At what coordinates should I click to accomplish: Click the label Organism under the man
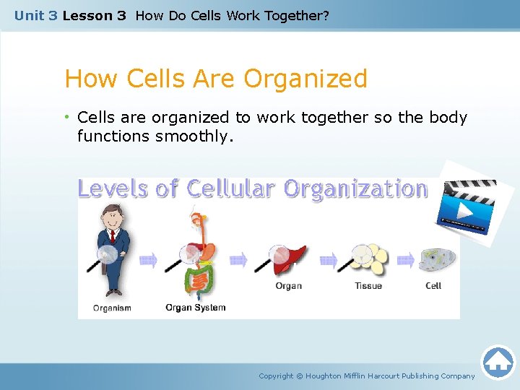pos(112,308)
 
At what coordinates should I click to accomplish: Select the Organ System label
pos(195,308)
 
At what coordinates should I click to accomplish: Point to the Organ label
pos(288,286)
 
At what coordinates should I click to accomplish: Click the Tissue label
pos(368,286)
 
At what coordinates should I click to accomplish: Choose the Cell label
pos(433,286)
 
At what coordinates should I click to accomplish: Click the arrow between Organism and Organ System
pos(149,261)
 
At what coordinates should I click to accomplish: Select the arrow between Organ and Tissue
pos(328,261)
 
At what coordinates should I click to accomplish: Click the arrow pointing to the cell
pos(406,261)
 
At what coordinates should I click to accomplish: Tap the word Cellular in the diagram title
pos(230,189)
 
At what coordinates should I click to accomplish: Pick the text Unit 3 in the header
pos(35,15)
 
